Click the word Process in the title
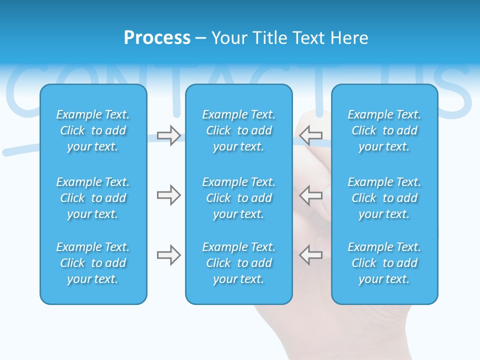coord(157,38)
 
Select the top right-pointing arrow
coord(168,135)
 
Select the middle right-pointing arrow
coord(168,195)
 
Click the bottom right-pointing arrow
coord(168,255)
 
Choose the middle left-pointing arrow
coord(311,195)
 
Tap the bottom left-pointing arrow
coord(311,255)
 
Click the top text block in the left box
coord(93,130)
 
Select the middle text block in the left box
coord(93,198)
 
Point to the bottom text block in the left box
coord(93,263)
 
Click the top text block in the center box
coord(238,130)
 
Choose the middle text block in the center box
coord(238,198)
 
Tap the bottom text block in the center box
coord(238,263)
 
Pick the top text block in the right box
coord(384,130)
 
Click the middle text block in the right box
coord(384,198)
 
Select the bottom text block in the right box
coord(384,263)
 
